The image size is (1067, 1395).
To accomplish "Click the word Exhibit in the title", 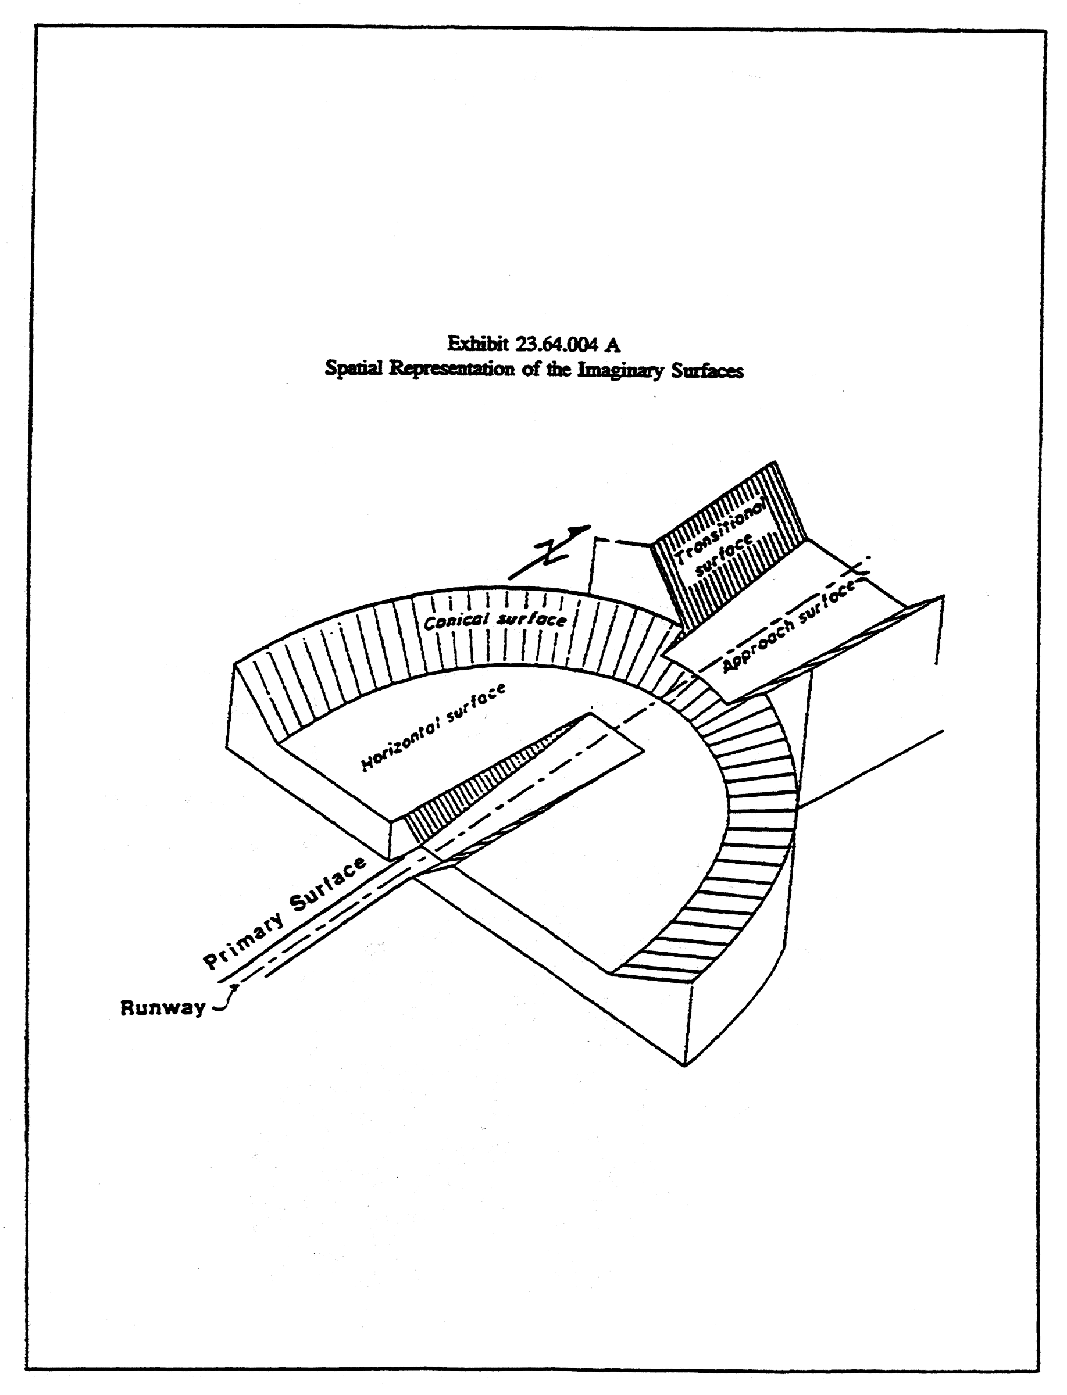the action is click(477, 344).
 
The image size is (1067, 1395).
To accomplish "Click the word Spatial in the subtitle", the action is click(354, 369).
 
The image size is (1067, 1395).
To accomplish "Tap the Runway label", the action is click(163, 1008).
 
